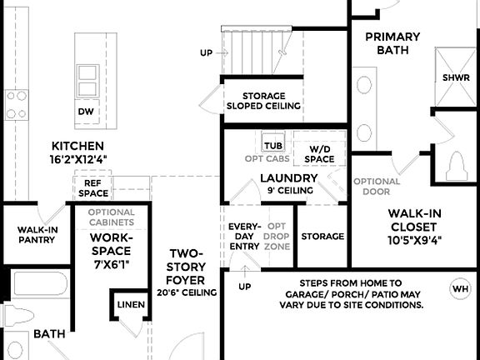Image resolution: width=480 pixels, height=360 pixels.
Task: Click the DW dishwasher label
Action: [85, 111]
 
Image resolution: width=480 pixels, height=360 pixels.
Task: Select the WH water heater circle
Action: [459, 289]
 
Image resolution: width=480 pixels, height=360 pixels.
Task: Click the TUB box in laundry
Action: [273, 145]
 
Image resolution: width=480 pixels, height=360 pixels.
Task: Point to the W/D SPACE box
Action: [319, 152]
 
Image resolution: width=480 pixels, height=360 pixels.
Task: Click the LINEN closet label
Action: [131, 305]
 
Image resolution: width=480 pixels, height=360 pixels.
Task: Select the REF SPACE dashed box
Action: [93, 187]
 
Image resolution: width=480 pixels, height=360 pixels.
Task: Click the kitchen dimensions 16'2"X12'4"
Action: [78, 157]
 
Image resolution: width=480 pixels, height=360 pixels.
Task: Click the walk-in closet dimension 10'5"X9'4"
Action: [414, 240]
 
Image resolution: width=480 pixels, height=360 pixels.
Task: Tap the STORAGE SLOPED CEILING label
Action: [263, 101]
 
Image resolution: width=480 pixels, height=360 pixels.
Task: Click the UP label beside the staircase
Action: [206, 52]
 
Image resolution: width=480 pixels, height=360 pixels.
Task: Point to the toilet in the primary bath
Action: [456, 166]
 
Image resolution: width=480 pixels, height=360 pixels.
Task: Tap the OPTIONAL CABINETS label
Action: [111, 217]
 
